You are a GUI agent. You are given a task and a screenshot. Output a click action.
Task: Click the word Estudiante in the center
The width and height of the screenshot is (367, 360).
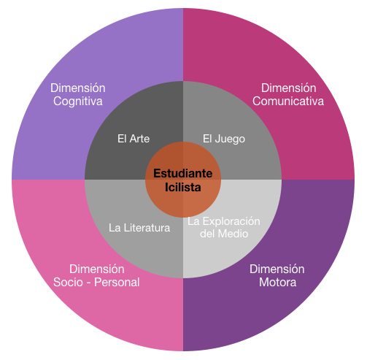tap(183, 174)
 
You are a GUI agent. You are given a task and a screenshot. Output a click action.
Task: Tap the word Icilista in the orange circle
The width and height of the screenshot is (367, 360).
tap(183, 187)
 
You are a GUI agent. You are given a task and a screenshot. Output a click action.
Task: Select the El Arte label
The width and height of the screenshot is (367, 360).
tap(134, 139)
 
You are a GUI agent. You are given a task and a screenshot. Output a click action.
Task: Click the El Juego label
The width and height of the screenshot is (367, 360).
tap(224, 139)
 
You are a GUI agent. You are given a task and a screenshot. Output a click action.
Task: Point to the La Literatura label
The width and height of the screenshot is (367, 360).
tap(139, 228)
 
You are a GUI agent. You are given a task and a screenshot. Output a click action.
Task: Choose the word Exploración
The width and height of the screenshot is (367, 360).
tap(231, 221)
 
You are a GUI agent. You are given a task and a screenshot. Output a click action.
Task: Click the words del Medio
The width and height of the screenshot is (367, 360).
tap(224, 234)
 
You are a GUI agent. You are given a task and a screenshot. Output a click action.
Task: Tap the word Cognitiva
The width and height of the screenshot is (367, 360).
tap(78, 102)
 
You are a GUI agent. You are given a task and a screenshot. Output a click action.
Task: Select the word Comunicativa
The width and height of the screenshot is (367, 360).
tap(288, 101)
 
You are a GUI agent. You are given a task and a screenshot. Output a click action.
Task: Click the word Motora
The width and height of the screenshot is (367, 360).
tap(278, 283)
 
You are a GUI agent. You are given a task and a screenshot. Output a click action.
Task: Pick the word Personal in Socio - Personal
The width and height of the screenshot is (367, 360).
tap(117, 283)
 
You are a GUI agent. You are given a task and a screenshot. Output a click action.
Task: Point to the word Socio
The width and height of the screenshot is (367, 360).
tap(68, 283)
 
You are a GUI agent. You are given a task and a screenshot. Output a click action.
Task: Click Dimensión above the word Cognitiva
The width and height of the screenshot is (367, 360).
tap(78, 88)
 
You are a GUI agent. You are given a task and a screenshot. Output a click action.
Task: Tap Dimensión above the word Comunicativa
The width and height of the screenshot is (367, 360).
tap(289, 88)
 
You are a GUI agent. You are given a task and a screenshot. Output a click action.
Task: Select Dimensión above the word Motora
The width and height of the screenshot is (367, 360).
tap(277, 269)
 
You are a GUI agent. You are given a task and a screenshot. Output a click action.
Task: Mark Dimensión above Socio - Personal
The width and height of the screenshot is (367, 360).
tap(97, 269)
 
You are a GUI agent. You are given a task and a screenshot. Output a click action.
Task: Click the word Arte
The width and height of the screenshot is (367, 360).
tap(139, 139)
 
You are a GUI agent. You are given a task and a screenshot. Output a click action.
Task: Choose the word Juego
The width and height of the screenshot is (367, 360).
tap(230, 139)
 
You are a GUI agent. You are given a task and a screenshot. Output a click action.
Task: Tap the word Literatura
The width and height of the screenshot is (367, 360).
tap(147, 228)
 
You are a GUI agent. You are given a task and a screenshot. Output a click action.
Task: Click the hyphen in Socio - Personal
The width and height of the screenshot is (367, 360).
tap(88, 283)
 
